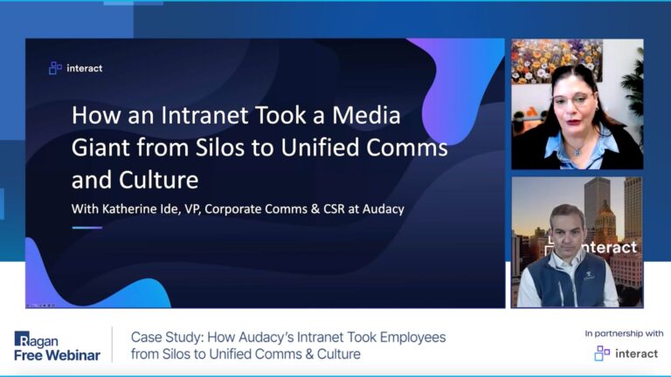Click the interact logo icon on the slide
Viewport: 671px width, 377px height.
(x=55, y=68)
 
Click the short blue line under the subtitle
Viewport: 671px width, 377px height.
(x=86, y=228)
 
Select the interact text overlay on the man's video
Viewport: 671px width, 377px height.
(x=608, y=248)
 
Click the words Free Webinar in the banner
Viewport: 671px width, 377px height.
(x=57, y=354)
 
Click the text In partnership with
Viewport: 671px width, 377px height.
(x=625, y=333)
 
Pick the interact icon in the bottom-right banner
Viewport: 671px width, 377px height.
(x=602, y=353)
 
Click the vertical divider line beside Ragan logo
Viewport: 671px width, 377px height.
(x=113, y=346)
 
